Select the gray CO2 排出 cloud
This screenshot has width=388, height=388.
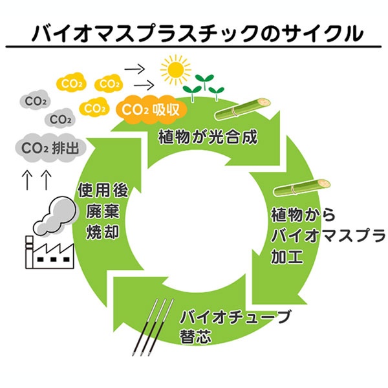point(50,148)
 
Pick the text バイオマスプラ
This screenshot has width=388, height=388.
point(325,233)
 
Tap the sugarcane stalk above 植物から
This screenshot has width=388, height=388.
point(299,188)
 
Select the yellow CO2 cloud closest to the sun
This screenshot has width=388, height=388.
point(110,84)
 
